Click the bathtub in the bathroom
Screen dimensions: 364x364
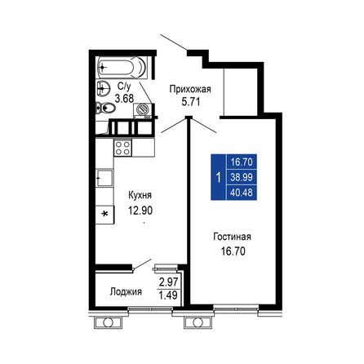click(119, 66)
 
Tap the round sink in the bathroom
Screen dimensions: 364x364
click(103, 88)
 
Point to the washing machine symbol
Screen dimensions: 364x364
click(144, 108)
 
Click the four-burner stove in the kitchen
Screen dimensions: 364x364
click(122, 148)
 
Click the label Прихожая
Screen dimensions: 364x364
click(189, 90)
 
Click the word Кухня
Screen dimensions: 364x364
click(140, 196)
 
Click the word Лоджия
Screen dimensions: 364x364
click(127, 291)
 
